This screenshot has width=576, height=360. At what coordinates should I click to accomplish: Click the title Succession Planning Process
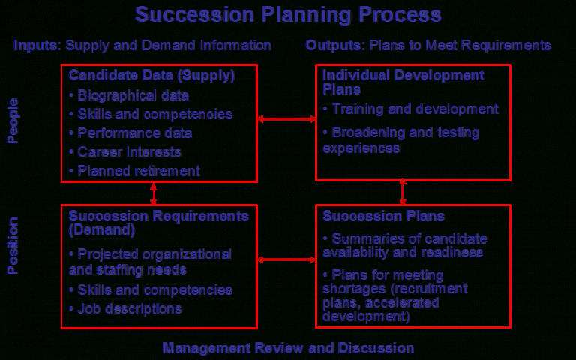click(x=288, y=15)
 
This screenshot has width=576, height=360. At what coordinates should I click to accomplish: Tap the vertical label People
click(x=13, y=121)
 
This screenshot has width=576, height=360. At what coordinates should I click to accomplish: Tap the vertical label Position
click(x=13, y=245)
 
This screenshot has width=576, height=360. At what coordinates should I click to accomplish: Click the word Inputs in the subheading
click(x=35, y=46)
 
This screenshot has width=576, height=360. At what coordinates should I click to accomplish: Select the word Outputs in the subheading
click(x=334, y=46)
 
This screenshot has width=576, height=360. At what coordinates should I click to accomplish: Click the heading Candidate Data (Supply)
click(x=151, y=75)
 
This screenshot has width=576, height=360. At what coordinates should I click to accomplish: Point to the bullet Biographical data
click(x=129, y=95)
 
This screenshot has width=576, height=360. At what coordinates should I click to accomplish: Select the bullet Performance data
click(x=130, y=133)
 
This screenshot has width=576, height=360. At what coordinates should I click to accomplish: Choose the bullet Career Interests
click(x=125, y=152)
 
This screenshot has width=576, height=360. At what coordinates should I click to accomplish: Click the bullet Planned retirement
click(x=134, y=171)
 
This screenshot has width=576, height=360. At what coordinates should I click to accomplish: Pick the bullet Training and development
click(x=411, y=109)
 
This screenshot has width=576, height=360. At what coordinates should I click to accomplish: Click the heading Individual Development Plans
click(x=403, y=82)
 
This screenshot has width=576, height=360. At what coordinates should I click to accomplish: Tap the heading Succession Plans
click(x=383, y=216)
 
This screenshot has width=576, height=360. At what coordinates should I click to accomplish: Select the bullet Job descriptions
click(x=125, y=308)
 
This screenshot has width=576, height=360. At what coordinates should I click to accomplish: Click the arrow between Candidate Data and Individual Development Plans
click(x=286, y=119)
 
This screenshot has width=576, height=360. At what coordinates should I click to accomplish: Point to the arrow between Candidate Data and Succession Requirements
click(x=153, y=193)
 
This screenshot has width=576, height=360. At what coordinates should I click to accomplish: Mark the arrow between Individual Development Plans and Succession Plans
click(x=403, y=192)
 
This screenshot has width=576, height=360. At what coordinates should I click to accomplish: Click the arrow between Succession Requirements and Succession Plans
click(x=286, y=259)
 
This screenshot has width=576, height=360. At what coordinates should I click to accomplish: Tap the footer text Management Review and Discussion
click(x=288, y=348)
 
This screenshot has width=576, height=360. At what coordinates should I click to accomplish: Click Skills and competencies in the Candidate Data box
click(x=151, y=114)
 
